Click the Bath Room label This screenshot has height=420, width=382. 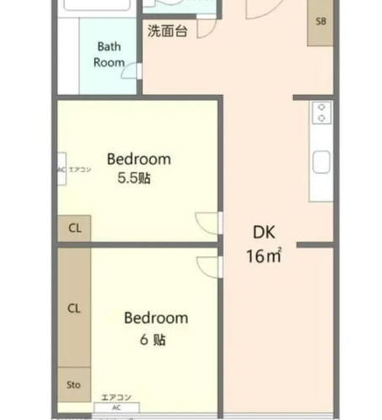pos(110,55)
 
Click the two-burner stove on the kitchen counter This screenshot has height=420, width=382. pos(321,113)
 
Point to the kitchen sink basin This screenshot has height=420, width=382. pos(322,161)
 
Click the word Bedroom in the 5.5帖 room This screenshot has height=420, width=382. pos(139,159)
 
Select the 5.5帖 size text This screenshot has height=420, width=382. pos(134,179)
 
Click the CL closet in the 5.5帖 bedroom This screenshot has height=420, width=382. pos(74,228)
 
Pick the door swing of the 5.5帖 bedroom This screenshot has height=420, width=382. pos(207,223)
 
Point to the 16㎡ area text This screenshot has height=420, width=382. pos(263,255)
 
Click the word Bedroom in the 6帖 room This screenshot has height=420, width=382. pos(156,318)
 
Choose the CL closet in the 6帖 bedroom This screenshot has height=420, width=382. pos(74,308)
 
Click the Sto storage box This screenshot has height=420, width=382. pos(74,385)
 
